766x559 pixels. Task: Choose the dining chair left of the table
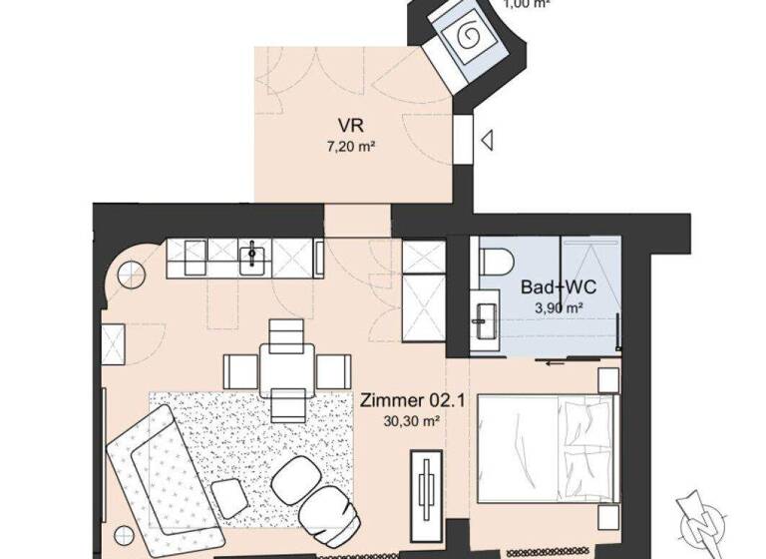240,371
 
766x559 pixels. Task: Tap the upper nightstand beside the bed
607,380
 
